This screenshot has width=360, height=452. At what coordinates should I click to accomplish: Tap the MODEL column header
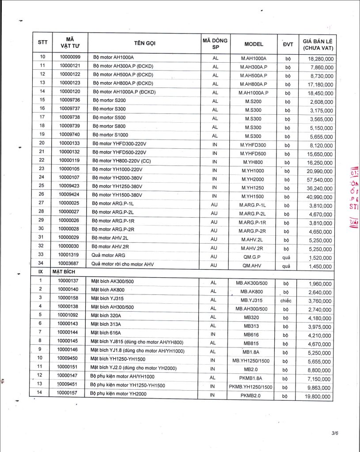(x=254, y=44)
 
